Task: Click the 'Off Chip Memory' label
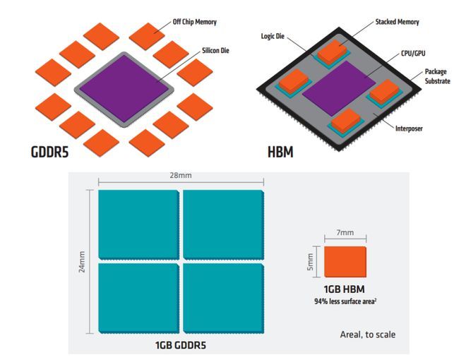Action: (x=195, y=22)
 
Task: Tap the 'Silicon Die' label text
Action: (x=215, y=51)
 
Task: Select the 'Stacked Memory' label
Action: (x=397, y=22)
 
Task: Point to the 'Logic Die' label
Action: (x=273, y=36)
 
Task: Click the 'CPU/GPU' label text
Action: (x=413, y=54)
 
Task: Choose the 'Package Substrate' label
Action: (x=438, y=76)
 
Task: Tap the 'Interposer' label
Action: (x=409, y=128)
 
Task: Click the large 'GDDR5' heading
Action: (x=49, y=152)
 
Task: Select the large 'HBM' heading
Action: (x=280, y=152)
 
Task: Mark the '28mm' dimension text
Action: (x=181, y=175)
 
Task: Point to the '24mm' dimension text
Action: (x=82, y=262)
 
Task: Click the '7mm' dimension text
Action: (x=345, y=232)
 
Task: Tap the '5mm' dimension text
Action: (x=310, y=262)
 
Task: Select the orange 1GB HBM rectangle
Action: (x=345, y=262)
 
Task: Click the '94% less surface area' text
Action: (x=345, y=301)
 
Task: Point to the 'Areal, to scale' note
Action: (x=368, y=335)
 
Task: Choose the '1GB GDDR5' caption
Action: (x=180, y=345)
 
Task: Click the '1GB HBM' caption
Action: (x=344, y=289)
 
